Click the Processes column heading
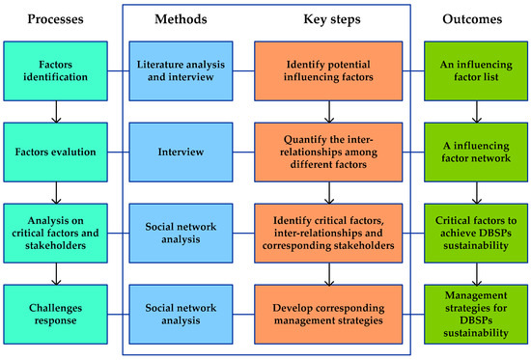point(55,19)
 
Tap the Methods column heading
point(181,19)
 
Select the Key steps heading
point(332,19)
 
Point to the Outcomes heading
point(472,19)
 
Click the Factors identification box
point(56,71)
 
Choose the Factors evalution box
point(56,152)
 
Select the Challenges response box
point(56,315)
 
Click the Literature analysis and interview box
point(181,71)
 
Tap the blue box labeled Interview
point(181,152)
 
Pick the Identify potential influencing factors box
point(328,71)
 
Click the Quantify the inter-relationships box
point(328,152)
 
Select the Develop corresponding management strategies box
point(328,315)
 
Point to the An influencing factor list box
point(476,71)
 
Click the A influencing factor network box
point(476,152)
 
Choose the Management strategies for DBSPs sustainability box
point(476,315)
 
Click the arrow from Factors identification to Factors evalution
point(56,112)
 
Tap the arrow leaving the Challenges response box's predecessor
point(56,274)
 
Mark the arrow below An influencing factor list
point(477,112)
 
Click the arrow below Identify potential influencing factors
point(329,112)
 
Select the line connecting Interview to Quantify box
point(243,152)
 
